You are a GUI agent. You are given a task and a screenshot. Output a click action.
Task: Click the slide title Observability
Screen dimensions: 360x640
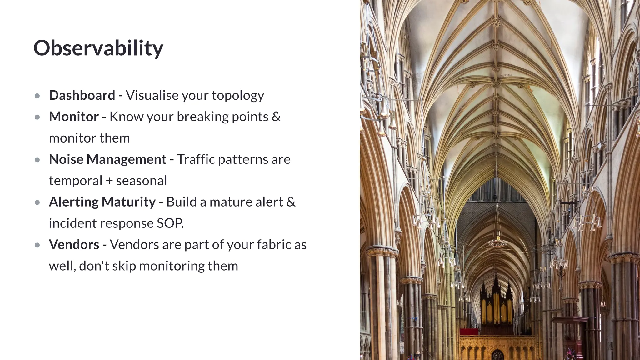98,48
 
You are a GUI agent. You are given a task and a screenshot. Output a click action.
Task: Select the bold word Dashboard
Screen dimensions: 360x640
82,95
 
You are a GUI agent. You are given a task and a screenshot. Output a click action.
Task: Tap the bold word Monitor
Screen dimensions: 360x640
74,117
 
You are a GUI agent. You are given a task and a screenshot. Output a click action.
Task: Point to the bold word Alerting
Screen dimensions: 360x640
73,202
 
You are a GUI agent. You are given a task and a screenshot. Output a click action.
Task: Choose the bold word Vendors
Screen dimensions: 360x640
74,245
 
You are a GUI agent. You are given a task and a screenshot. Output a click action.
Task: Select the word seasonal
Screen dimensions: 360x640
142,181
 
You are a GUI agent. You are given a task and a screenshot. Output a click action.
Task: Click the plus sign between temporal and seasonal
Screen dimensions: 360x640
109,181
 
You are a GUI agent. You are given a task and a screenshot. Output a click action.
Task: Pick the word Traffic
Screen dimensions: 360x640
196,159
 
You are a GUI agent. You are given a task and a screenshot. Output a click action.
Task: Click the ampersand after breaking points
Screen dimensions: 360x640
276,117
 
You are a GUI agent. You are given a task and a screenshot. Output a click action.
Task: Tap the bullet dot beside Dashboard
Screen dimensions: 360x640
37,96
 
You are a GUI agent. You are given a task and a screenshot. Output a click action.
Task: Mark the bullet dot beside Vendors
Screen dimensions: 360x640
37,245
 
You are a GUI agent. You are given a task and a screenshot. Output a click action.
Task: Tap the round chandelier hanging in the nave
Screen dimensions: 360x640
497,242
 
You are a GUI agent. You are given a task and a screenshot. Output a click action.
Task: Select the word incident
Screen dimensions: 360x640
73,223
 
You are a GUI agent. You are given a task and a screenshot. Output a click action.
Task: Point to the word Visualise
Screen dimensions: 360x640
152,95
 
